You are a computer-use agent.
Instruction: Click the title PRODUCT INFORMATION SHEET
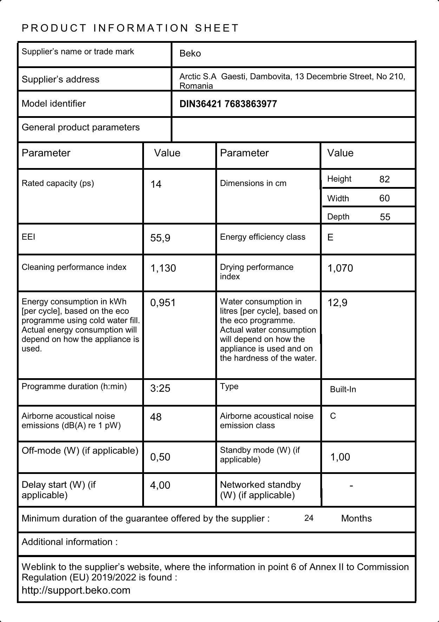pyautogui.click(x=130, y=28)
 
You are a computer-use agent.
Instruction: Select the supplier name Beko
pyautogui.click(x=190, y=54)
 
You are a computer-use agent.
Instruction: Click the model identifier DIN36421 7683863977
pyautogui.click(x=228, y=104)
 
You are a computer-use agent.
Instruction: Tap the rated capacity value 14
pyautogui.click(x=156, y=184)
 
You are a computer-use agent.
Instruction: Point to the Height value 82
pyautogui.click(x=385, y=179)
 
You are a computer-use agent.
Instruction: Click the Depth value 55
pyautogui.click(x=385, y=217)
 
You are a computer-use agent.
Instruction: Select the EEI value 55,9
pyautogui.click(x=160, y=238)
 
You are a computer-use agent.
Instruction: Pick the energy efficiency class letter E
pyautogui.click(x=330, y=238)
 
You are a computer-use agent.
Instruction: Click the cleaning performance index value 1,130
pyautogui.click(x=163, y=268)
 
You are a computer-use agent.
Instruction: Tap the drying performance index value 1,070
pyautogui.click(x=340, y=268)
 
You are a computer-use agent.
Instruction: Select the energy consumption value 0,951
pyautogui.click(x=163, y=303)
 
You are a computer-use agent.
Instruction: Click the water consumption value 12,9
pyautogui.click(x=337, y=303)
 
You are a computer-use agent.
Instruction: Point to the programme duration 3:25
pyautogui.click(x=160, y=388)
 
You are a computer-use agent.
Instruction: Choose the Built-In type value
pyautogui.click(x=343, y=389)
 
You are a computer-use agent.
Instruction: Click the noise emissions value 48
pyautogui.click(x=156, y=417)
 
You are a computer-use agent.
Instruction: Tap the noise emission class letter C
pyautogui.click(x=333, y=416)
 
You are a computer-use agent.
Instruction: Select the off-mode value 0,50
pyautogui.click(x=160, y=457)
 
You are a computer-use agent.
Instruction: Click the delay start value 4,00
pyautogui.click(x=160, y=485)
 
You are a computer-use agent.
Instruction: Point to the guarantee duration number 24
pyautogui.click(x=309, y=518)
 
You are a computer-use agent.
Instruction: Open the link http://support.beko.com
pyautogui.click(x=76, y=590)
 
